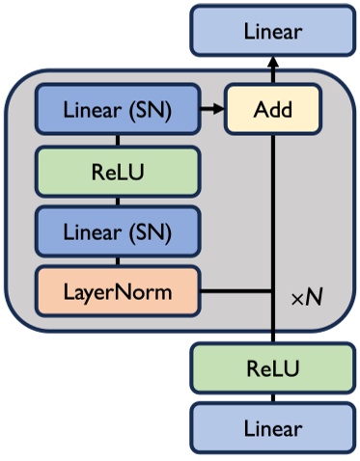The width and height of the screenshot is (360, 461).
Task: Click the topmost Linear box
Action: coord(272,32)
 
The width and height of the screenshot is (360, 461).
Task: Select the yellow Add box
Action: coord(272,109)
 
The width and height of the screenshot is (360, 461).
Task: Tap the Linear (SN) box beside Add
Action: coord(118,110)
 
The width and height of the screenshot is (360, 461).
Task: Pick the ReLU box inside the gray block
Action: coord(118,171)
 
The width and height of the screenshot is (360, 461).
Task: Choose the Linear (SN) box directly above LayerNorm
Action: coord(118,231)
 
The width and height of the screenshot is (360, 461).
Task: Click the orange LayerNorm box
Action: coord(118,288)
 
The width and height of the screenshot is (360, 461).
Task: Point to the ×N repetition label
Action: coord(307,299)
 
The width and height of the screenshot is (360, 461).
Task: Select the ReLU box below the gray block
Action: coord(272,368)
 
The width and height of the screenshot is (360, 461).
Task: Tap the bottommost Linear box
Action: coord(272,427)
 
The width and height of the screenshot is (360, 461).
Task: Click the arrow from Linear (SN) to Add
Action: coord(211,110)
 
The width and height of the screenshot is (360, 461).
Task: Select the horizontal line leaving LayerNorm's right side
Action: coord(236,289)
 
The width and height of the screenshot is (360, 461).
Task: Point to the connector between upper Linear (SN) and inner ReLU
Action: coord(118,141)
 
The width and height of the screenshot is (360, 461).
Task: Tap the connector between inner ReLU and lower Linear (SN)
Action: coord(118,201)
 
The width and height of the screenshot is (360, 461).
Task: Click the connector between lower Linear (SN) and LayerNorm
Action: coord(118,260)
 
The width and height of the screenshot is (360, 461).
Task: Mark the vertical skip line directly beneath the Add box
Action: coord(272,193)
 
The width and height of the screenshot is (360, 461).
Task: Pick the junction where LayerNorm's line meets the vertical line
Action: coord(272,289)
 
